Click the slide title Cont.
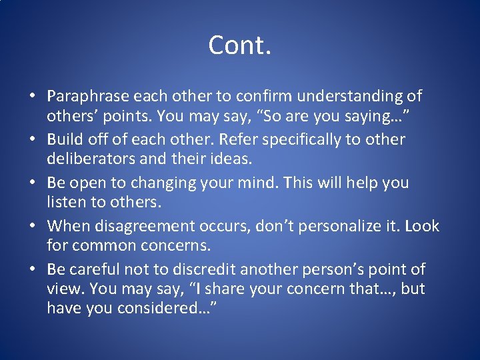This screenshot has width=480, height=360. pos(239,45)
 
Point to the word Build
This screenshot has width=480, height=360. pos(65,140)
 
